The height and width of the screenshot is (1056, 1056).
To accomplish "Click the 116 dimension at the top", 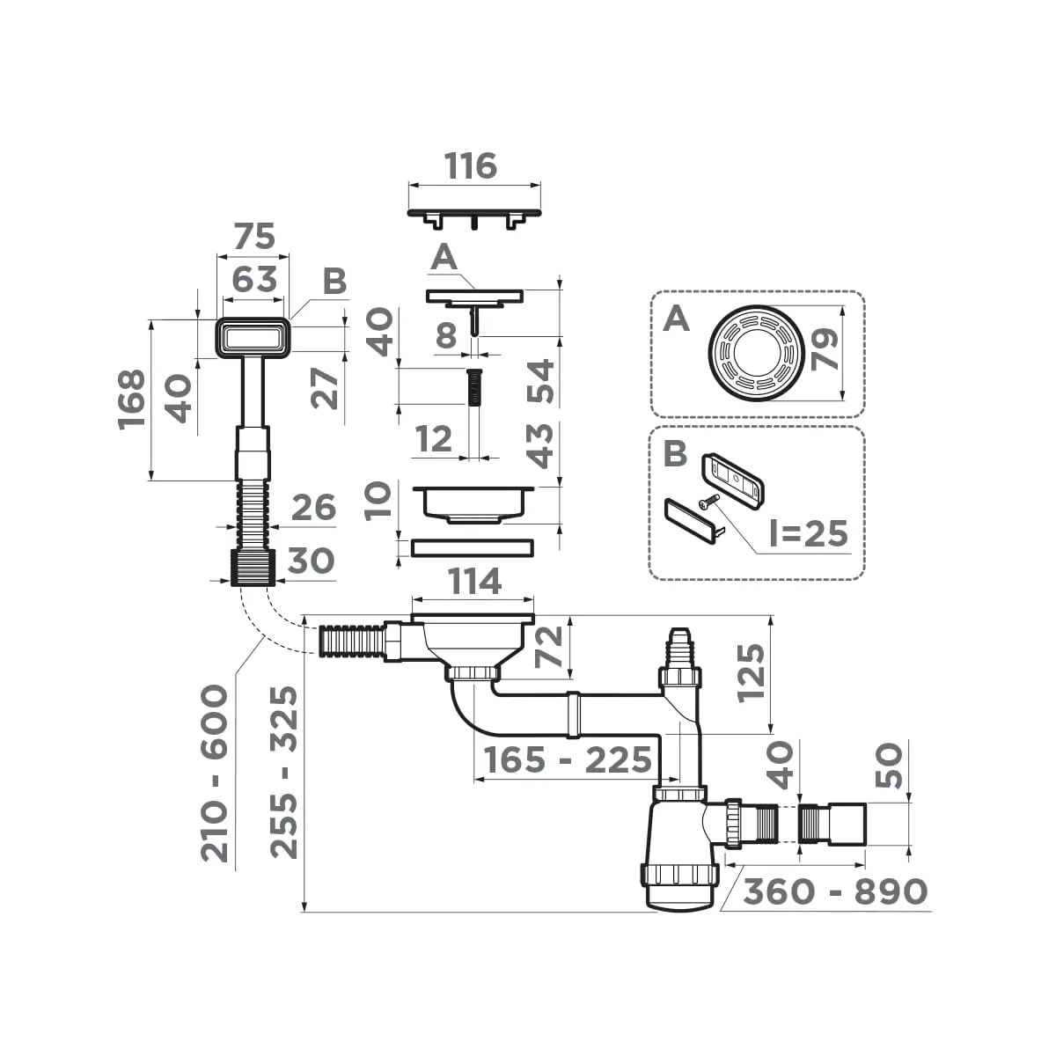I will pos(472,165).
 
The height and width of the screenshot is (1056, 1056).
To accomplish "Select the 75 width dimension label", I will pos(253,237).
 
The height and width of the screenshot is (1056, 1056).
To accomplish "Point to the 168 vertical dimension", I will pos(131,399).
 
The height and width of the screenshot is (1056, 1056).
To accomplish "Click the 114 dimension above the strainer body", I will pos(475,582).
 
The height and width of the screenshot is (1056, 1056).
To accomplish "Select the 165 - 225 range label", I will pos(563,759).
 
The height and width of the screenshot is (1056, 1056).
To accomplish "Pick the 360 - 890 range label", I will pos(835,891).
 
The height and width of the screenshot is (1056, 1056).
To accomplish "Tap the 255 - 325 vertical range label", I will pos(283,773).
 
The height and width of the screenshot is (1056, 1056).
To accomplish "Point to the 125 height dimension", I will pos(751,672).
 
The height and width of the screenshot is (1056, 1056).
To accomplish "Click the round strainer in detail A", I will pos(754,354).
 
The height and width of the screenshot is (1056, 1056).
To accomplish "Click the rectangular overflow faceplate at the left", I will pos(253,338).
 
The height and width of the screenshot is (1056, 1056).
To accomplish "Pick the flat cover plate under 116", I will pos(474,214).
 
